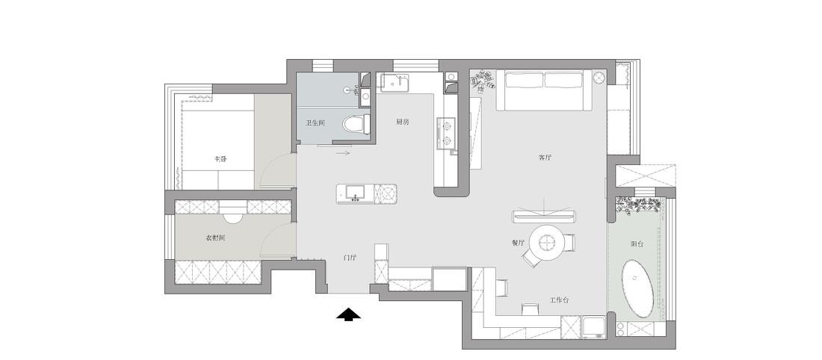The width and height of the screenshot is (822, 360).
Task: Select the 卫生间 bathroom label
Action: coord(315,123)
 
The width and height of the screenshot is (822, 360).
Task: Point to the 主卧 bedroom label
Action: coord(220,158)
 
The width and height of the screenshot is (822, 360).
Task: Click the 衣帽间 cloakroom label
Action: coord(215,238)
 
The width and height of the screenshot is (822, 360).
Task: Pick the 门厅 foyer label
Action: coord(350,258)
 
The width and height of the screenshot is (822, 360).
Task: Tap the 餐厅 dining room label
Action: coord(519,243)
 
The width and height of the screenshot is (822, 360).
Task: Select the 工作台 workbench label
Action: coord(559,300)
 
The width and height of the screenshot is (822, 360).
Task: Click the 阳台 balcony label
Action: coord(637,243)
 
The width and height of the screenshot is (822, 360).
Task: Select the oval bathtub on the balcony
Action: coord(638,290)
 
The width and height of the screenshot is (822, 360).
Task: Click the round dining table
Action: coord(548,242)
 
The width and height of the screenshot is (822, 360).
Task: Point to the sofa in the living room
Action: coord(545,90)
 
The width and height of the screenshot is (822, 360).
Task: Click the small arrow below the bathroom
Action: coord(343,154)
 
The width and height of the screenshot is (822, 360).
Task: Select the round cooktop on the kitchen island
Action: coord(387,194)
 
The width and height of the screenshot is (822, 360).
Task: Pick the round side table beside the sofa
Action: coord(599,76)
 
